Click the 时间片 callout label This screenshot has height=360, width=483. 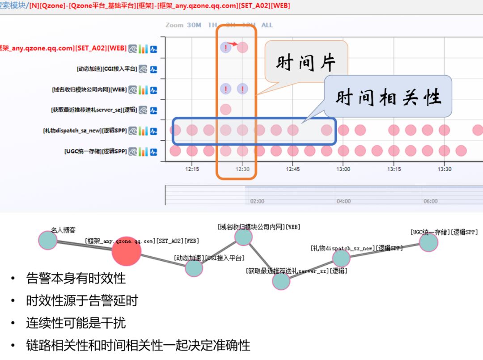pos(305,64)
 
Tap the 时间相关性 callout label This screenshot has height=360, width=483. pos(388,97)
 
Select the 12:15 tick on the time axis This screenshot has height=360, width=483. pos(192,169)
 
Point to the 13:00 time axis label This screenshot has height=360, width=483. pos(343,169)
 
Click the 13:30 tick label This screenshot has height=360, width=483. pos(444,169)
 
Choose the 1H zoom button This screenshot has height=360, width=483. pos(212,25)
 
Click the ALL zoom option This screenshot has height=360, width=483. pos(267,25)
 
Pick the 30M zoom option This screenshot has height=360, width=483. pos(194,25)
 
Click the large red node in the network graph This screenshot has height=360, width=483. pos(126,251)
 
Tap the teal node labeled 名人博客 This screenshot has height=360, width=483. pos(48,240)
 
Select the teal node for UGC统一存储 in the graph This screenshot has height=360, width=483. pos(428,242)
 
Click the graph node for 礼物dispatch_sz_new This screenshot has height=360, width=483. pos(341,258)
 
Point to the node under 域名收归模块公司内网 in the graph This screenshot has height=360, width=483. pos(243,237)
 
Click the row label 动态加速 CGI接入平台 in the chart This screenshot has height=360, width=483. pos(107,69)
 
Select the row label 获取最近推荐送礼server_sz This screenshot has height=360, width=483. pos(94,110)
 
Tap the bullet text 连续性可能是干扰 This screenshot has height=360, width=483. pos(76,323)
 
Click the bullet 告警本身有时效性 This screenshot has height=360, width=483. pos(76,279)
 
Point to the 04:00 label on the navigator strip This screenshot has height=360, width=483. pos(343,201)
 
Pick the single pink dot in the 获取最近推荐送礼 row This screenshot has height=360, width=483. pos(225,109)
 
